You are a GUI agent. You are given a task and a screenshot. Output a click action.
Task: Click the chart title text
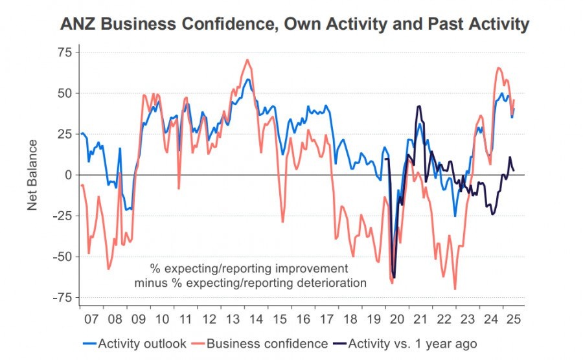tap(295, 25)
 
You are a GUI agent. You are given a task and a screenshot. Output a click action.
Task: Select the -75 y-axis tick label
tap(62, 297)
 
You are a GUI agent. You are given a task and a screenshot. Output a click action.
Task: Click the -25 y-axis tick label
tap(62, 216)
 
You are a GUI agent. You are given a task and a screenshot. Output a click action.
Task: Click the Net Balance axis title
tap(33, 175)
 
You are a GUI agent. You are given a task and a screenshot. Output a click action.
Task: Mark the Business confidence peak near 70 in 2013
tap(247, 60)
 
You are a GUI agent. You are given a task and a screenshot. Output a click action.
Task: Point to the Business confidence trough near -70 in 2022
tap(455, 289)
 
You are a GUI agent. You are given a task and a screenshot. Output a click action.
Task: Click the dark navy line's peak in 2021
tap(419, 106)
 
